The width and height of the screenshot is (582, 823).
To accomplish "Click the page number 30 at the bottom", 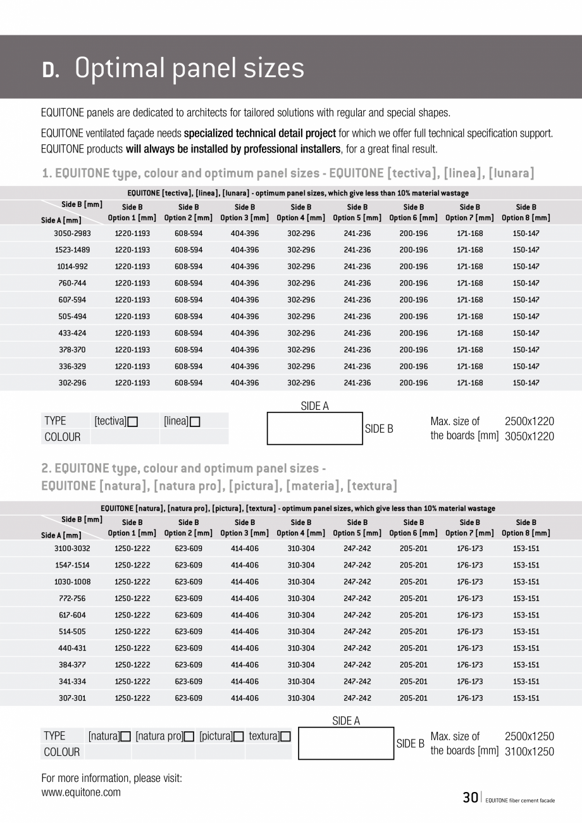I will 470,798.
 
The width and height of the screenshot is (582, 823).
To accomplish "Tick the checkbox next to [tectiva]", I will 133,422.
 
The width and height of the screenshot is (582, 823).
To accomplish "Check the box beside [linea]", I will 195,422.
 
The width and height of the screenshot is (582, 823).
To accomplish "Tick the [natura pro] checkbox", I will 189,737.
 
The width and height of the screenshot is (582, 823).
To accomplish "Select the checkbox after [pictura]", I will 238,737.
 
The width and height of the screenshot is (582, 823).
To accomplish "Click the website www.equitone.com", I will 81,792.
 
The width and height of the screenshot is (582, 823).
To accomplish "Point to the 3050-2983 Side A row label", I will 72,233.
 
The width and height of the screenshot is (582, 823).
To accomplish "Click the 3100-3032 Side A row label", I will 72,549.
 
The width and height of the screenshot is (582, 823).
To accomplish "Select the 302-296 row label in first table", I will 72,383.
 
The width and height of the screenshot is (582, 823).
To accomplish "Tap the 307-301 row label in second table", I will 72,698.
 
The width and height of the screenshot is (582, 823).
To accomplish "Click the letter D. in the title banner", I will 51,70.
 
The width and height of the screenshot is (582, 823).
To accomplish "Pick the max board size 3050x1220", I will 529,436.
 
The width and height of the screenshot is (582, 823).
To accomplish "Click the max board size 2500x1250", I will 529,736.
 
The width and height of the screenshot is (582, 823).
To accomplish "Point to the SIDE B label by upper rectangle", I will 379,429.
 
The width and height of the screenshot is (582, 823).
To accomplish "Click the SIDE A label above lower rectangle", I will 346,721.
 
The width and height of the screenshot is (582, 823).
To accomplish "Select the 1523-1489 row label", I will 72,250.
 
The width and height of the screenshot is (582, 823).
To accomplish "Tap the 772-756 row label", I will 72,598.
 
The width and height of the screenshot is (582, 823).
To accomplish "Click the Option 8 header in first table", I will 526,213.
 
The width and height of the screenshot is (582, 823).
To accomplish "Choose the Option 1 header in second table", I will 132,528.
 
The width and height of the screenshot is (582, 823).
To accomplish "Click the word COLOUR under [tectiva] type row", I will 63,437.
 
